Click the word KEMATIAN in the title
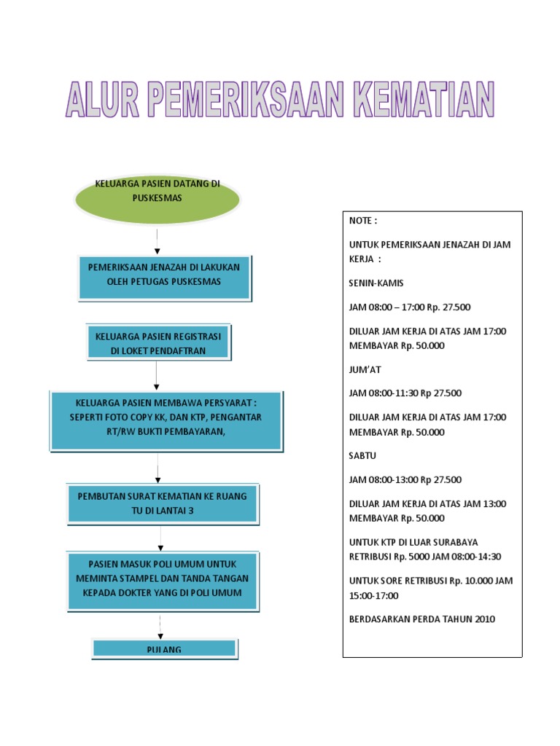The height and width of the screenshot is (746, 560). [424, 101]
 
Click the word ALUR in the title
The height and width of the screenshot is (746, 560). [101, 101]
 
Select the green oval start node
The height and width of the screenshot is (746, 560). [157, 198]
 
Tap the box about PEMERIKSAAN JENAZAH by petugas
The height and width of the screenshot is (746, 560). [164, 276]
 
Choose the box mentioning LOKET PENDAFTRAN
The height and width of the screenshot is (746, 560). [158, 342]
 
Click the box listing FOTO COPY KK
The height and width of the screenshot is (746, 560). [166, 420]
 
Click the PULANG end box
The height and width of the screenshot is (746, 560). [164, 648]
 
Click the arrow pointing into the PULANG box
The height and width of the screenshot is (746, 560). [160, 624]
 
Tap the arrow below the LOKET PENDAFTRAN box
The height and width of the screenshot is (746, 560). [157, 375]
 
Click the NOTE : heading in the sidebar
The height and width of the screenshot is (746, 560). [363, 221]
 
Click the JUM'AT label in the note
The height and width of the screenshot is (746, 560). [365, 369]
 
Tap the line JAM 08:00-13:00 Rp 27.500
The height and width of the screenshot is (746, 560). [405, 479]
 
